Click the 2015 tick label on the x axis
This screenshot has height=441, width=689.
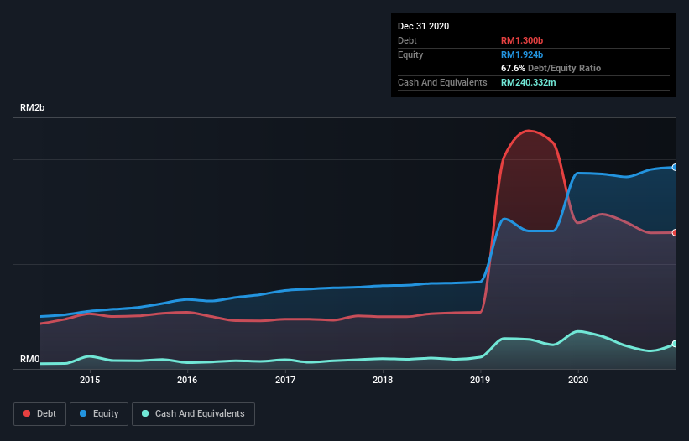pyautogui.click(x=90, y=380)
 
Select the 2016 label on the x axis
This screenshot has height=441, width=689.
pyautogui.click(x=187, y=380)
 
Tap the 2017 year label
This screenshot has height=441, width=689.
pyautogui.click(x=285, y=380)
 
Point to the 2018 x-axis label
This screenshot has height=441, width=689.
pyautogui.click(x=383, y=380)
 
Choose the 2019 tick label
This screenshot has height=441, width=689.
pyautogui.click(x=481, y=380)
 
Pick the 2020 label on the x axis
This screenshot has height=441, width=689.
pyautogui.click(x=578, y=380)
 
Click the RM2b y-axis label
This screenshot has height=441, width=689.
pyautogui.click(x=33, y=108)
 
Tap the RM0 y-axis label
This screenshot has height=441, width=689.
pyautogui.click(x=30, y=359)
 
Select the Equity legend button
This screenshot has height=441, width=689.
pyautogui.click(x=99, y=413)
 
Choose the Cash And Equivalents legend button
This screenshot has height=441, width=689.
pyautogui.click(x=193, y=413)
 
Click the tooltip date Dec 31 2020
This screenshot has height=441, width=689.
pyautogui.click(x=424, y=26)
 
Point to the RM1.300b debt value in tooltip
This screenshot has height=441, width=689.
pyautogui.click(x=523, y=40)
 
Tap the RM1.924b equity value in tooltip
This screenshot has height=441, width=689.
pyautogui.click(x=523, y=54)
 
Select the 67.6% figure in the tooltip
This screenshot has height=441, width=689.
pyautogui.click(x=513, y=68)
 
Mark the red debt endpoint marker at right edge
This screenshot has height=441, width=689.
pyautogui.click(x=675, y=232)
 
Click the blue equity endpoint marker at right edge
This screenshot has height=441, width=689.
pyautogui.click(x=675, y=168)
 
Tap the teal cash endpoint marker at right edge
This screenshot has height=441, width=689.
pyautogui.click(x=675, y=344)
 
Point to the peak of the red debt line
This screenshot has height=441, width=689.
pyautogui.click(x=529, y=131)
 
